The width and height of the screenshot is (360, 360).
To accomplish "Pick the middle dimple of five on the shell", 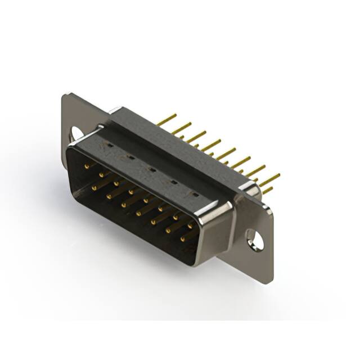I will [152, 168].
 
